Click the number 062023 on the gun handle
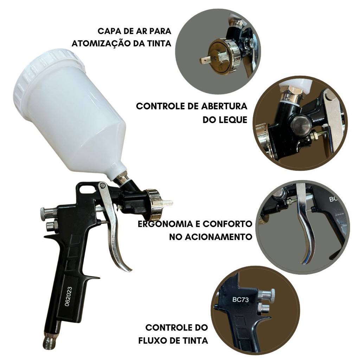pos(69,296)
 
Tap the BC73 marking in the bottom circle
pos(240,300)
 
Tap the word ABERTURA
pos(224,106)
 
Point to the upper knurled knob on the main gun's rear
pos(49,213)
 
